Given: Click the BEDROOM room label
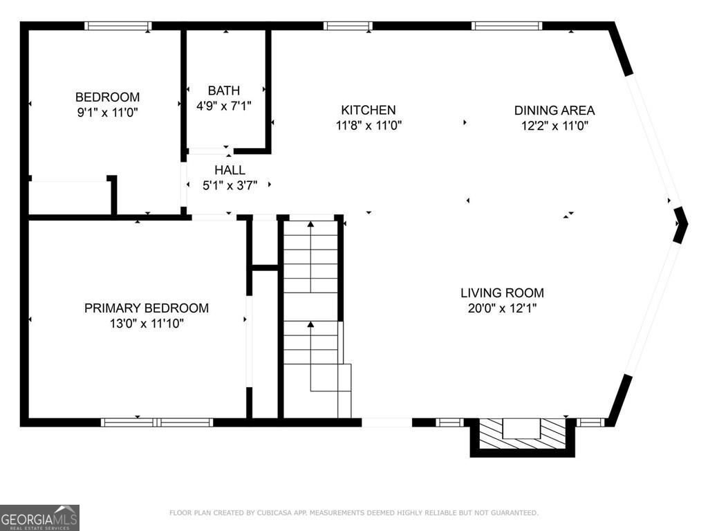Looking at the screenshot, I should (x=107, y=97).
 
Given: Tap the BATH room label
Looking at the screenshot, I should (x=224, y=91).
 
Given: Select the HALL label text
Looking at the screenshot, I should (x=230, y=170).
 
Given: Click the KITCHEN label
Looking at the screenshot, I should (x=369, y=110).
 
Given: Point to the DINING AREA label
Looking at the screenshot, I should (x=555, y=110).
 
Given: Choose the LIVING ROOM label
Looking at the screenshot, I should (x=502, y=293).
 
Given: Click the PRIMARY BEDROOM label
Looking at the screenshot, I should (x=147, y=308).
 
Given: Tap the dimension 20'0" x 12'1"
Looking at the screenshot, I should (x=502, y=308).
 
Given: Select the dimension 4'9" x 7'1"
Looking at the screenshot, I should (x=224, y=106).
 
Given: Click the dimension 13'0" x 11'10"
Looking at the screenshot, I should (x=147, y=324).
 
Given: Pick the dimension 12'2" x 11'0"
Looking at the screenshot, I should (x=555, y=126).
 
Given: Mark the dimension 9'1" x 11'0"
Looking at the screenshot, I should (x=107, y=113).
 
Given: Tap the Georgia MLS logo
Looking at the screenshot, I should (x=39, y=517).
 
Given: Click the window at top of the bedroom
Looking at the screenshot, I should (x=118, y=26).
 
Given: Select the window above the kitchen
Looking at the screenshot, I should (x=348, y=26).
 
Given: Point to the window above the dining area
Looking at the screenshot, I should (x=507, y=26).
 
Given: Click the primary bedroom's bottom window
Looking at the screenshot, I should (x=157, y=422).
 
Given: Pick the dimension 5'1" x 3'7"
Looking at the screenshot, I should (x=230, y=185).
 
